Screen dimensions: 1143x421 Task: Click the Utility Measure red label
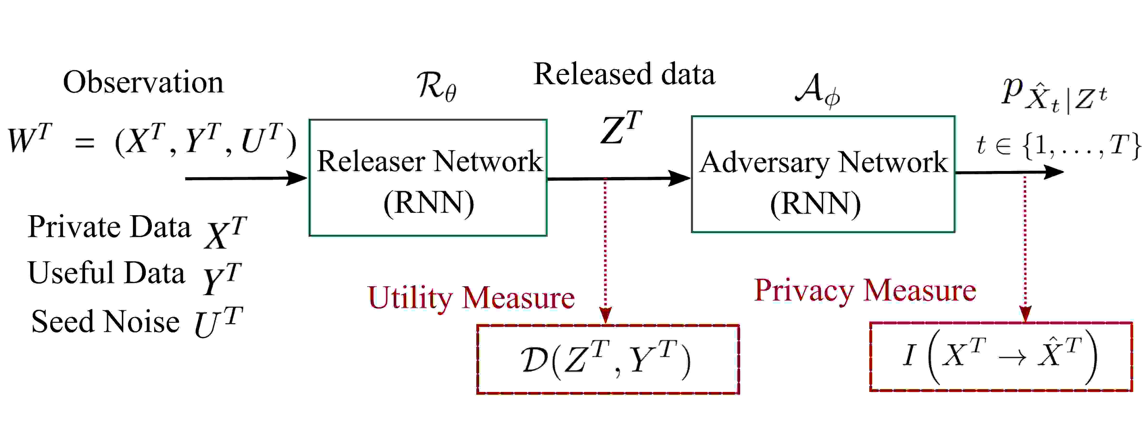point(471,298)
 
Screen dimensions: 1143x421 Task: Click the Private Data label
point(109,227)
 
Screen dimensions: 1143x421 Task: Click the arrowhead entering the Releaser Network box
point(297,178)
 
